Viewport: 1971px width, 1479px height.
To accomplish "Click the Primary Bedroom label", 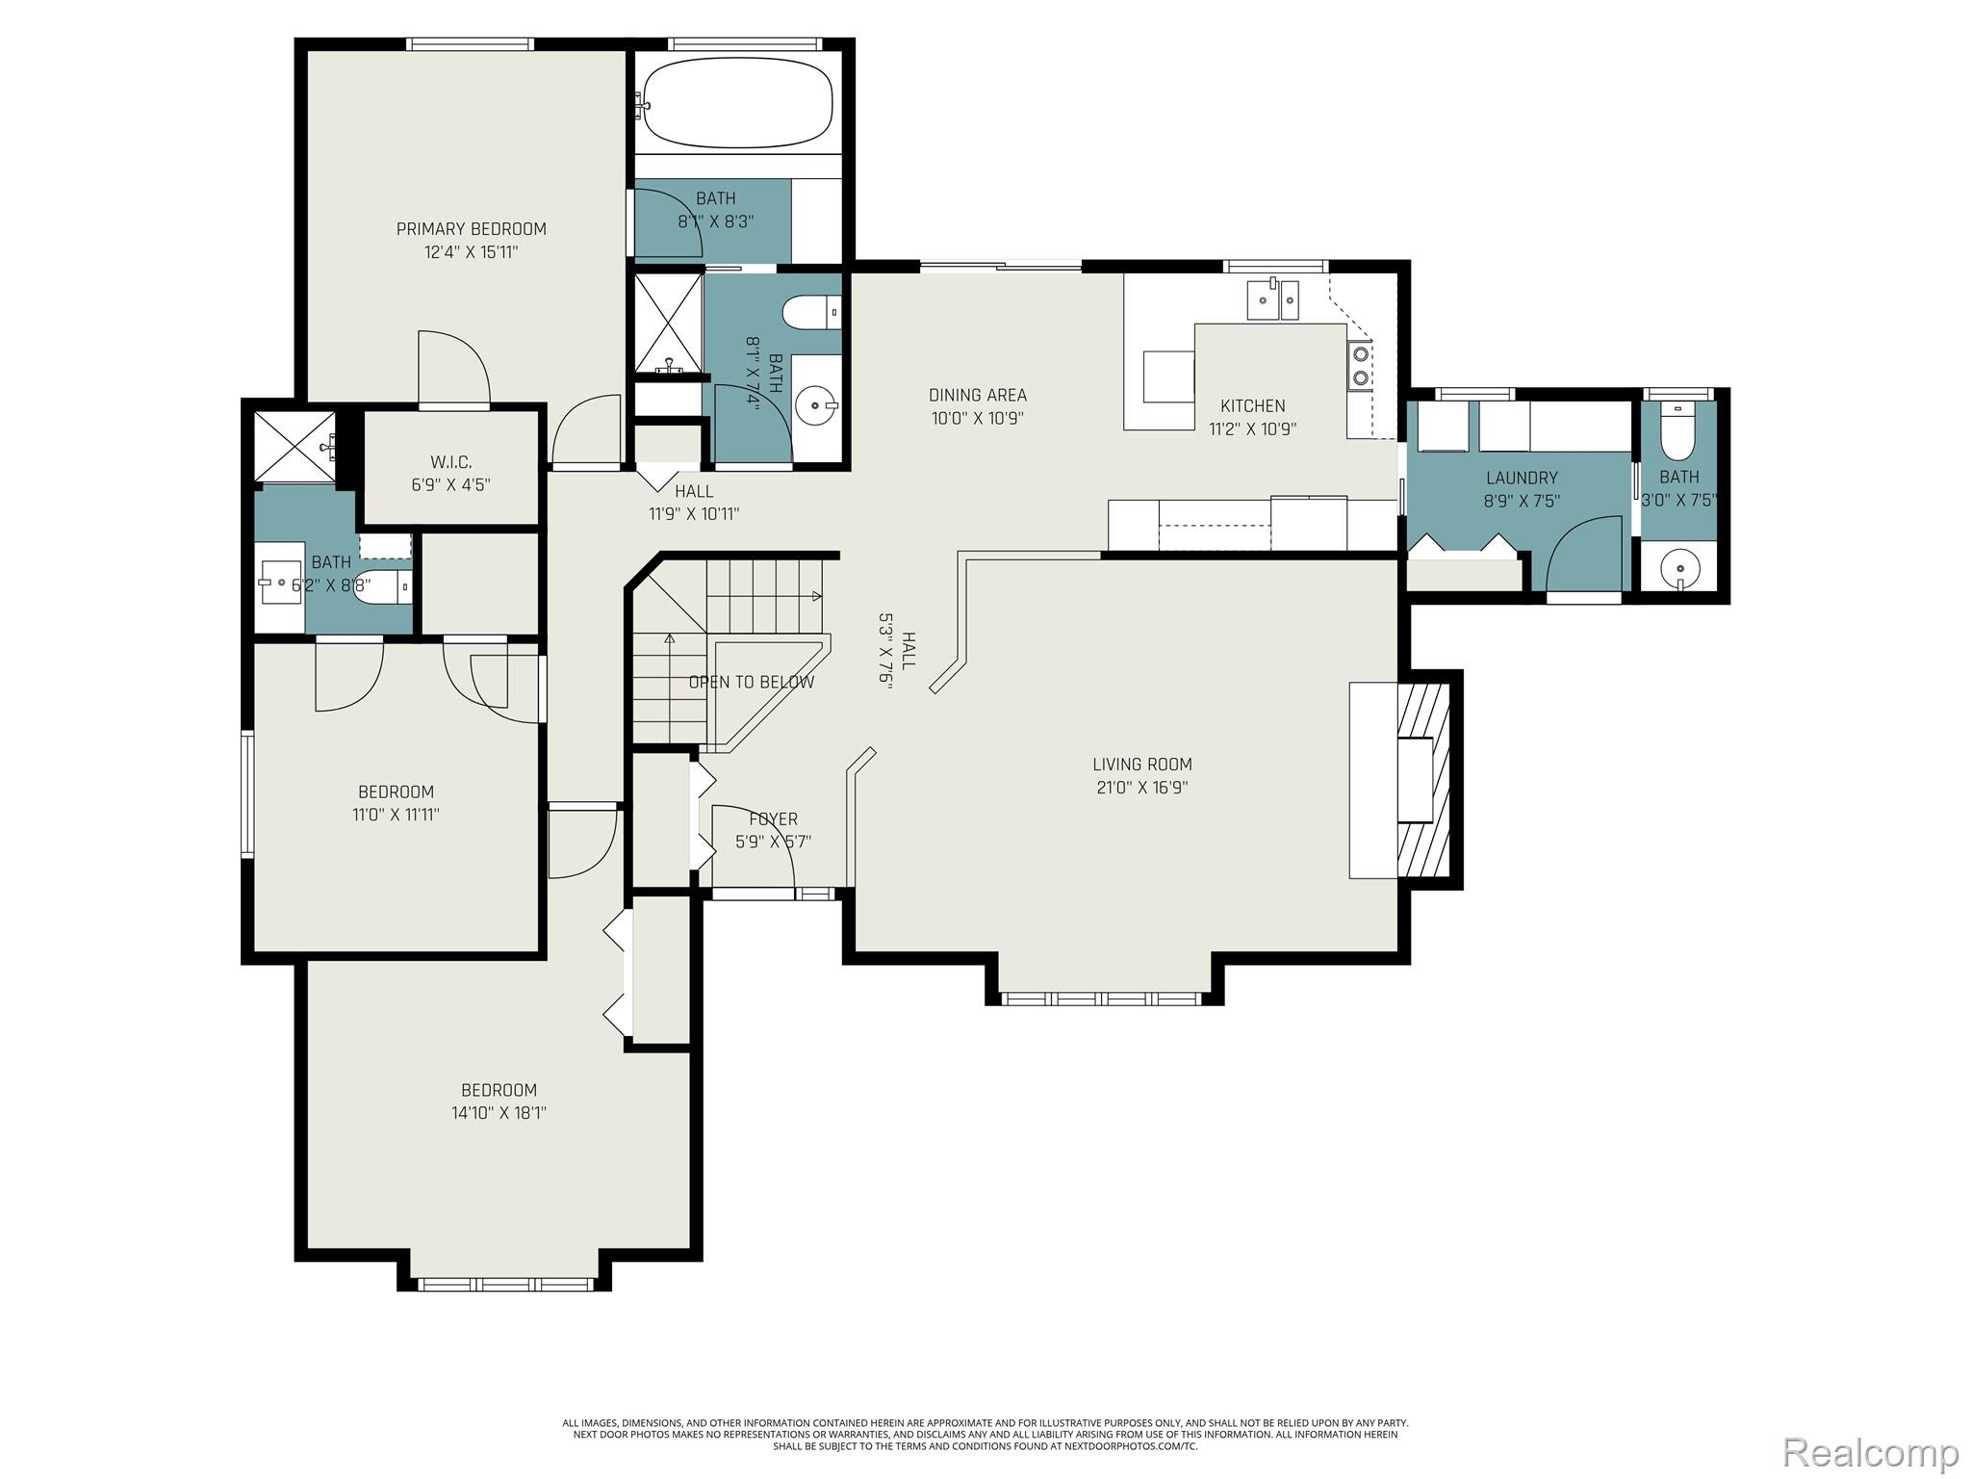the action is [472, 229].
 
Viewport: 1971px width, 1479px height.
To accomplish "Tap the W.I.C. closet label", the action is [450, 462].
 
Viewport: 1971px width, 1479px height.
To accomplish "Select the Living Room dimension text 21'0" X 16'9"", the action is [1141, 788].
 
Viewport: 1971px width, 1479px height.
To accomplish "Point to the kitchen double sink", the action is [1272, 298].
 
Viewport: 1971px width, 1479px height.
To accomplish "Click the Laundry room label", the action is [1522, 478].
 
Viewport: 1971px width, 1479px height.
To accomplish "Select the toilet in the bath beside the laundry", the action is [1678, 439].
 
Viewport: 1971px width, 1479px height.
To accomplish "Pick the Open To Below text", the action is [752, 683].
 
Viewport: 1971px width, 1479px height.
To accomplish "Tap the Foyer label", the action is [774, 819].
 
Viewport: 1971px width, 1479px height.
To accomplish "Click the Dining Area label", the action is [978, 395].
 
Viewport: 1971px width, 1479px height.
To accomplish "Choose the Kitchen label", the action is [1253, 406].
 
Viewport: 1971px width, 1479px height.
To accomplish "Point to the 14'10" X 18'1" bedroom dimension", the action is [499, 1113].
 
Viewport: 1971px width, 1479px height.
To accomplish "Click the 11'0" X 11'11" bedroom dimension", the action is [397, 815].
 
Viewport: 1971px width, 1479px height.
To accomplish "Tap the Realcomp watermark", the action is [1871, 1452].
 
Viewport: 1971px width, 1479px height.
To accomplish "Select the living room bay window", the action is [1102, 999].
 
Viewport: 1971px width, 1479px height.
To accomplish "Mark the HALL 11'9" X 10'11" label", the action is [694, 503].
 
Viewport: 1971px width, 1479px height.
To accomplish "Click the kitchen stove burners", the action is [1361, 365].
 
